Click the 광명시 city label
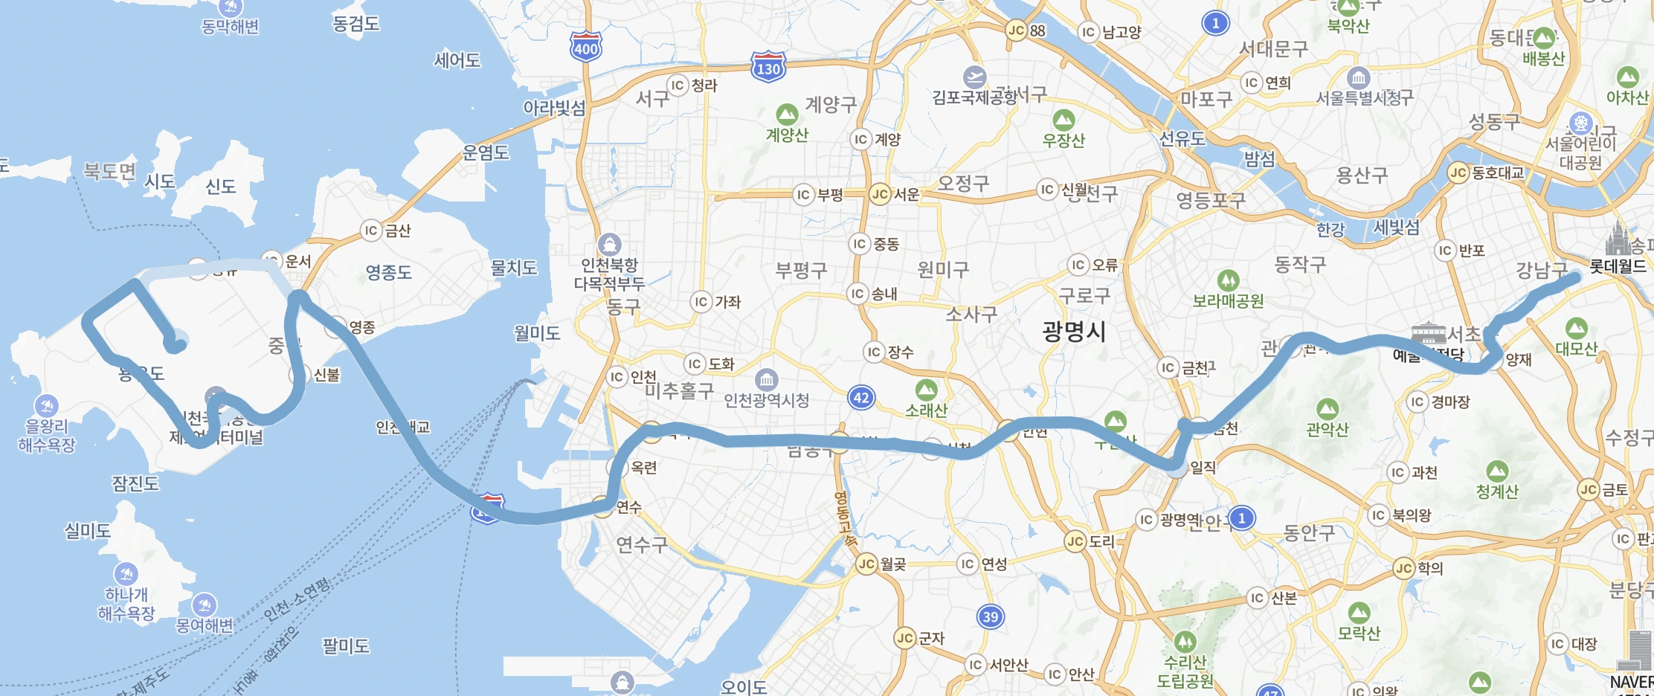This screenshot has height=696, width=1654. [1073, 331]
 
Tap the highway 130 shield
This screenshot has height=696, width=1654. [768, 68]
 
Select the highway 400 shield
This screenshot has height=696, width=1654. [585, 48]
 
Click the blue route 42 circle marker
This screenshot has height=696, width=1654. [861, 398]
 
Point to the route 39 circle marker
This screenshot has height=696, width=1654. [990, 616]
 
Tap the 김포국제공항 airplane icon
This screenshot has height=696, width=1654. [974, 77]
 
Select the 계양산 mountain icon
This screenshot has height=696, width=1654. [787, 115]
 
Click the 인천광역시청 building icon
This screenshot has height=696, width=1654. [766, 380]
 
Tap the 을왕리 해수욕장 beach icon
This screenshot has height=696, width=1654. [47, 405]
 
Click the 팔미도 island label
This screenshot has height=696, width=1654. [345, 645]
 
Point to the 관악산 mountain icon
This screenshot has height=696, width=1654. [1327, 409]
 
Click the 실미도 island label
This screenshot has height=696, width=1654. [88, 531]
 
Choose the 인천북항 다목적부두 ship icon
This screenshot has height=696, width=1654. [610, 244]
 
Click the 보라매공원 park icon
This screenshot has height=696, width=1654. [1228, 280]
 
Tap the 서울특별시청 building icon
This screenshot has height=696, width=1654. [1358, 77]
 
